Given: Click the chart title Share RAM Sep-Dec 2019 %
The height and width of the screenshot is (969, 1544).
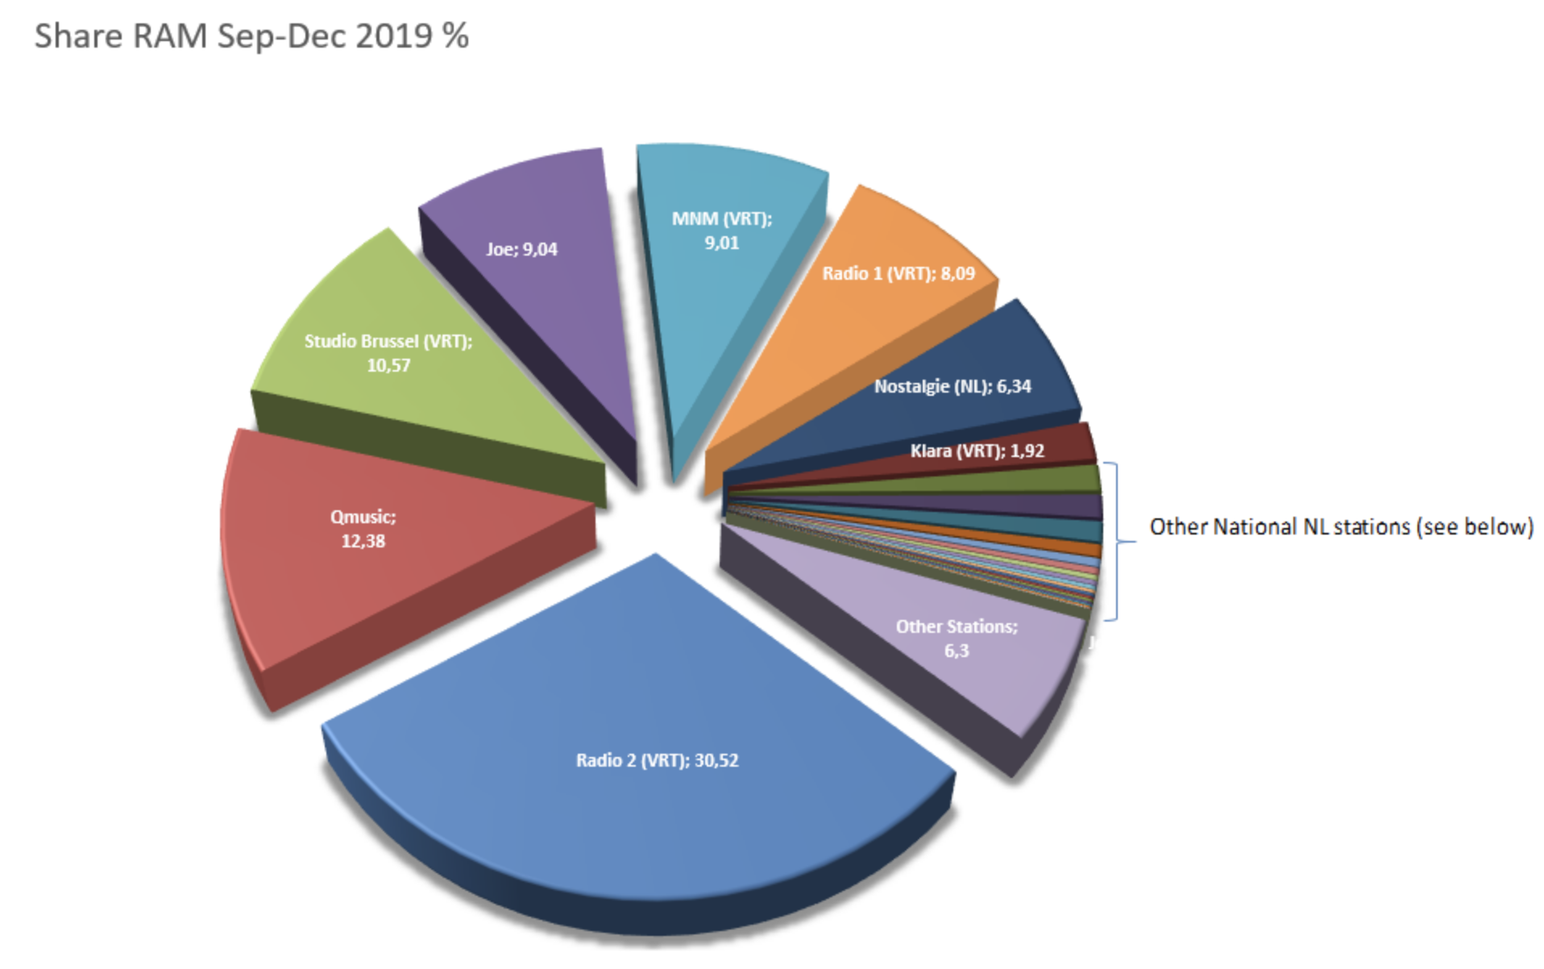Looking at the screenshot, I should click(251, 36).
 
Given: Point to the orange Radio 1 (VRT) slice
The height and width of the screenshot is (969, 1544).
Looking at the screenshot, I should click(870, 322).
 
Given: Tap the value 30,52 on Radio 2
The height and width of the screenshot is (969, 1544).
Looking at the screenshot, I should click(716, 760).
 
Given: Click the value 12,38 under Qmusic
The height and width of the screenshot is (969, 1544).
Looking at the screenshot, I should click(363, 541).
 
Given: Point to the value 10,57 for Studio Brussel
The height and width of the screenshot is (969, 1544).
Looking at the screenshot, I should click(388, 366).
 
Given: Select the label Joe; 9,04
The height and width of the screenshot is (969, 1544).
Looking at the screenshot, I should click(521, 249).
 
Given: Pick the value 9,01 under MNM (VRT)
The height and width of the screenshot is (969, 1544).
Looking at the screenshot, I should click(722, 243).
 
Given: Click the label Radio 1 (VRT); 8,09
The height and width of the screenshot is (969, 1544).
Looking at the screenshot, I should click(899, 273).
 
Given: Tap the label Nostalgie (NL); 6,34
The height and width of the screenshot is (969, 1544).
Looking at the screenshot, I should click(953, 386).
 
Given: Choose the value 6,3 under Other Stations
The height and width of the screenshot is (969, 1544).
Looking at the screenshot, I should click(957, 651).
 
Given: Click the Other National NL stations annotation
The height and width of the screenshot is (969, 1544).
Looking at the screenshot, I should click(1341, 526).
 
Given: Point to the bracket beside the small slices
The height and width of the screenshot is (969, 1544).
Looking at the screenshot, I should click(1117, 541).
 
